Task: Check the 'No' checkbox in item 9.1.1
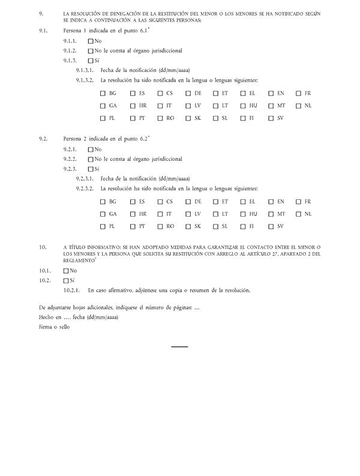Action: tap(91, 41)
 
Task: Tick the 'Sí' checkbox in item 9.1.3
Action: tap(91, 61)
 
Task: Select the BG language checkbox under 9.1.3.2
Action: tap(103, 93)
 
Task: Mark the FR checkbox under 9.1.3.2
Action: tap(298, 93)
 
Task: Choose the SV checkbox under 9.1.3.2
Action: tap(271, 118)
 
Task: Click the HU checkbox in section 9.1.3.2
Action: tap(243, 106)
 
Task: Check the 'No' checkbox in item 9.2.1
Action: tap(91, 149)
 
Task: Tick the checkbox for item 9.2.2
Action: tap(91, 159)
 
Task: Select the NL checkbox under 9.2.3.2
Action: tap(298, 214)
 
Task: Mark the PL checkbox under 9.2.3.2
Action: tap(103, 226)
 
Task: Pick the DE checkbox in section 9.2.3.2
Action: tap(188, 202)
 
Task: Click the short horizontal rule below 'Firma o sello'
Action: tap(179, 346)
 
